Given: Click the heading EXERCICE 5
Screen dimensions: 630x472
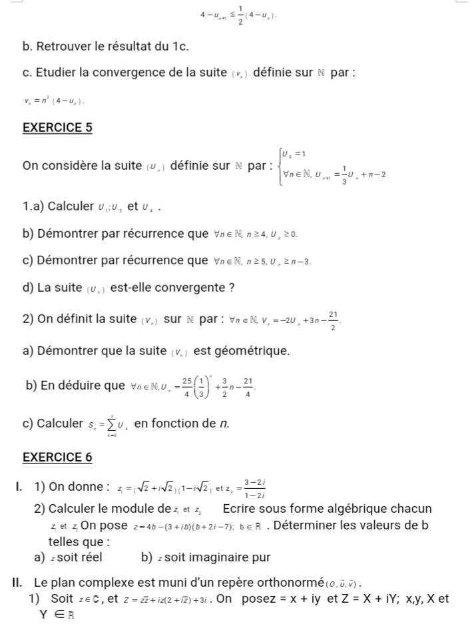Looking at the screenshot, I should click(57, 127).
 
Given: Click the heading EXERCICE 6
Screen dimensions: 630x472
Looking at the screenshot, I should click(57, 457).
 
